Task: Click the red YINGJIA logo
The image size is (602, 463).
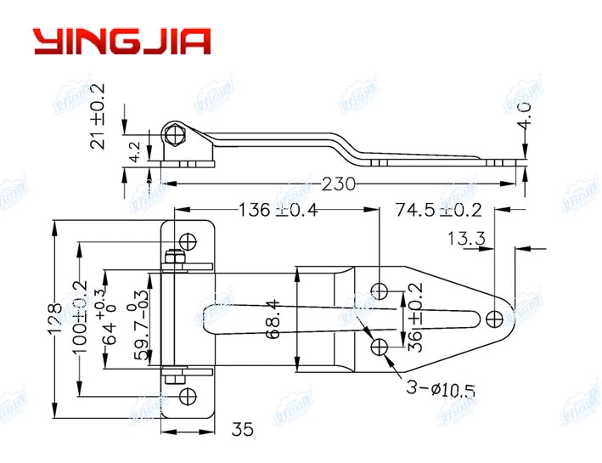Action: click(121, 42)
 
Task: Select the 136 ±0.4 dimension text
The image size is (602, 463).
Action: click(278, 210)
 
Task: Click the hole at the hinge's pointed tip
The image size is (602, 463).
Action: click(496, 319)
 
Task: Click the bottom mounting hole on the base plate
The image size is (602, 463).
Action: click(188, 394)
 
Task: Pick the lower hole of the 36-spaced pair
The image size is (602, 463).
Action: click(380, 346)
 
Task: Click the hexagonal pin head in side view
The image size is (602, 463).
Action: click(176, 135)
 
